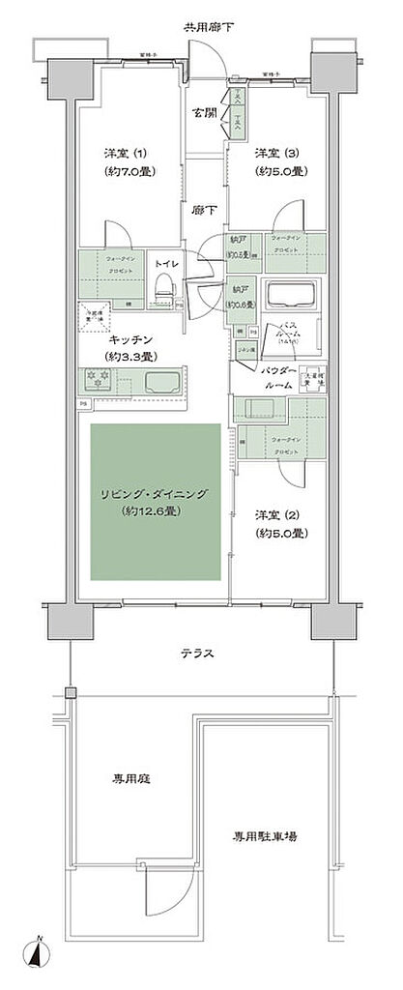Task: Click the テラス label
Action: click(x=199, y=654)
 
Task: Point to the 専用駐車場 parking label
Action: click(x=264, y=836)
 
